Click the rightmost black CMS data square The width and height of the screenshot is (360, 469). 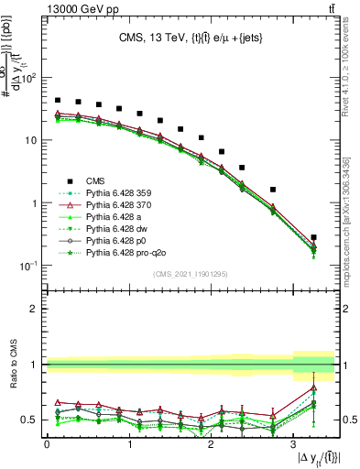click(x=314, y=237)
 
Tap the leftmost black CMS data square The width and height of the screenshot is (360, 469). click(x=58, y=100)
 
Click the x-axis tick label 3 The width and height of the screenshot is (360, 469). click(x=294, y=443)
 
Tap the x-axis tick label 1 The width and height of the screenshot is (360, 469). click(x=129, y=443)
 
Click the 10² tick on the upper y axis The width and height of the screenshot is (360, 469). click(x=29, y=78)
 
